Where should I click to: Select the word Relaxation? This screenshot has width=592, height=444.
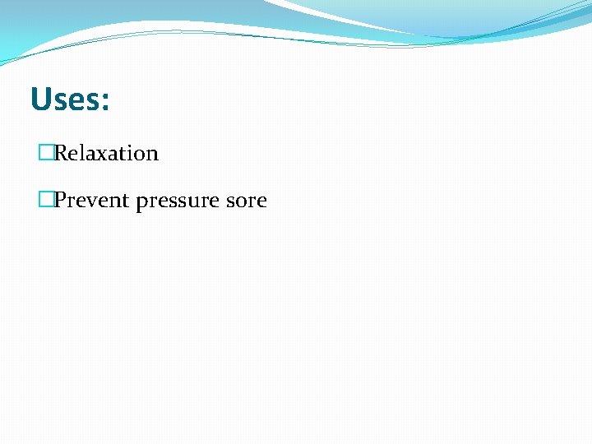(x=106, y=154)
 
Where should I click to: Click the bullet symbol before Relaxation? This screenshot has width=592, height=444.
(x=45, y=153)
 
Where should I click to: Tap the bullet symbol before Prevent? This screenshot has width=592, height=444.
(x=45, y=200)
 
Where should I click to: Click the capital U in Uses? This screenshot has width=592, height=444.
(x=40, y=100)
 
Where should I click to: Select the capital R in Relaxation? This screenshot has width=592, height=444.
(x=61, y=153)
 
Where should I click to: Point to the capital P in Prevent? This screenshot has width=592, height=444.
(x=60, y=200)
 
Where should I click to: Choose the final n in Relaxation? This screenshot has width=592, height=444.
(x=151, y=155)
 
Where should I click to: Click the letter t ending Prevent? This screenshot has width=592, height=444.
(x=126, y=201)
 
